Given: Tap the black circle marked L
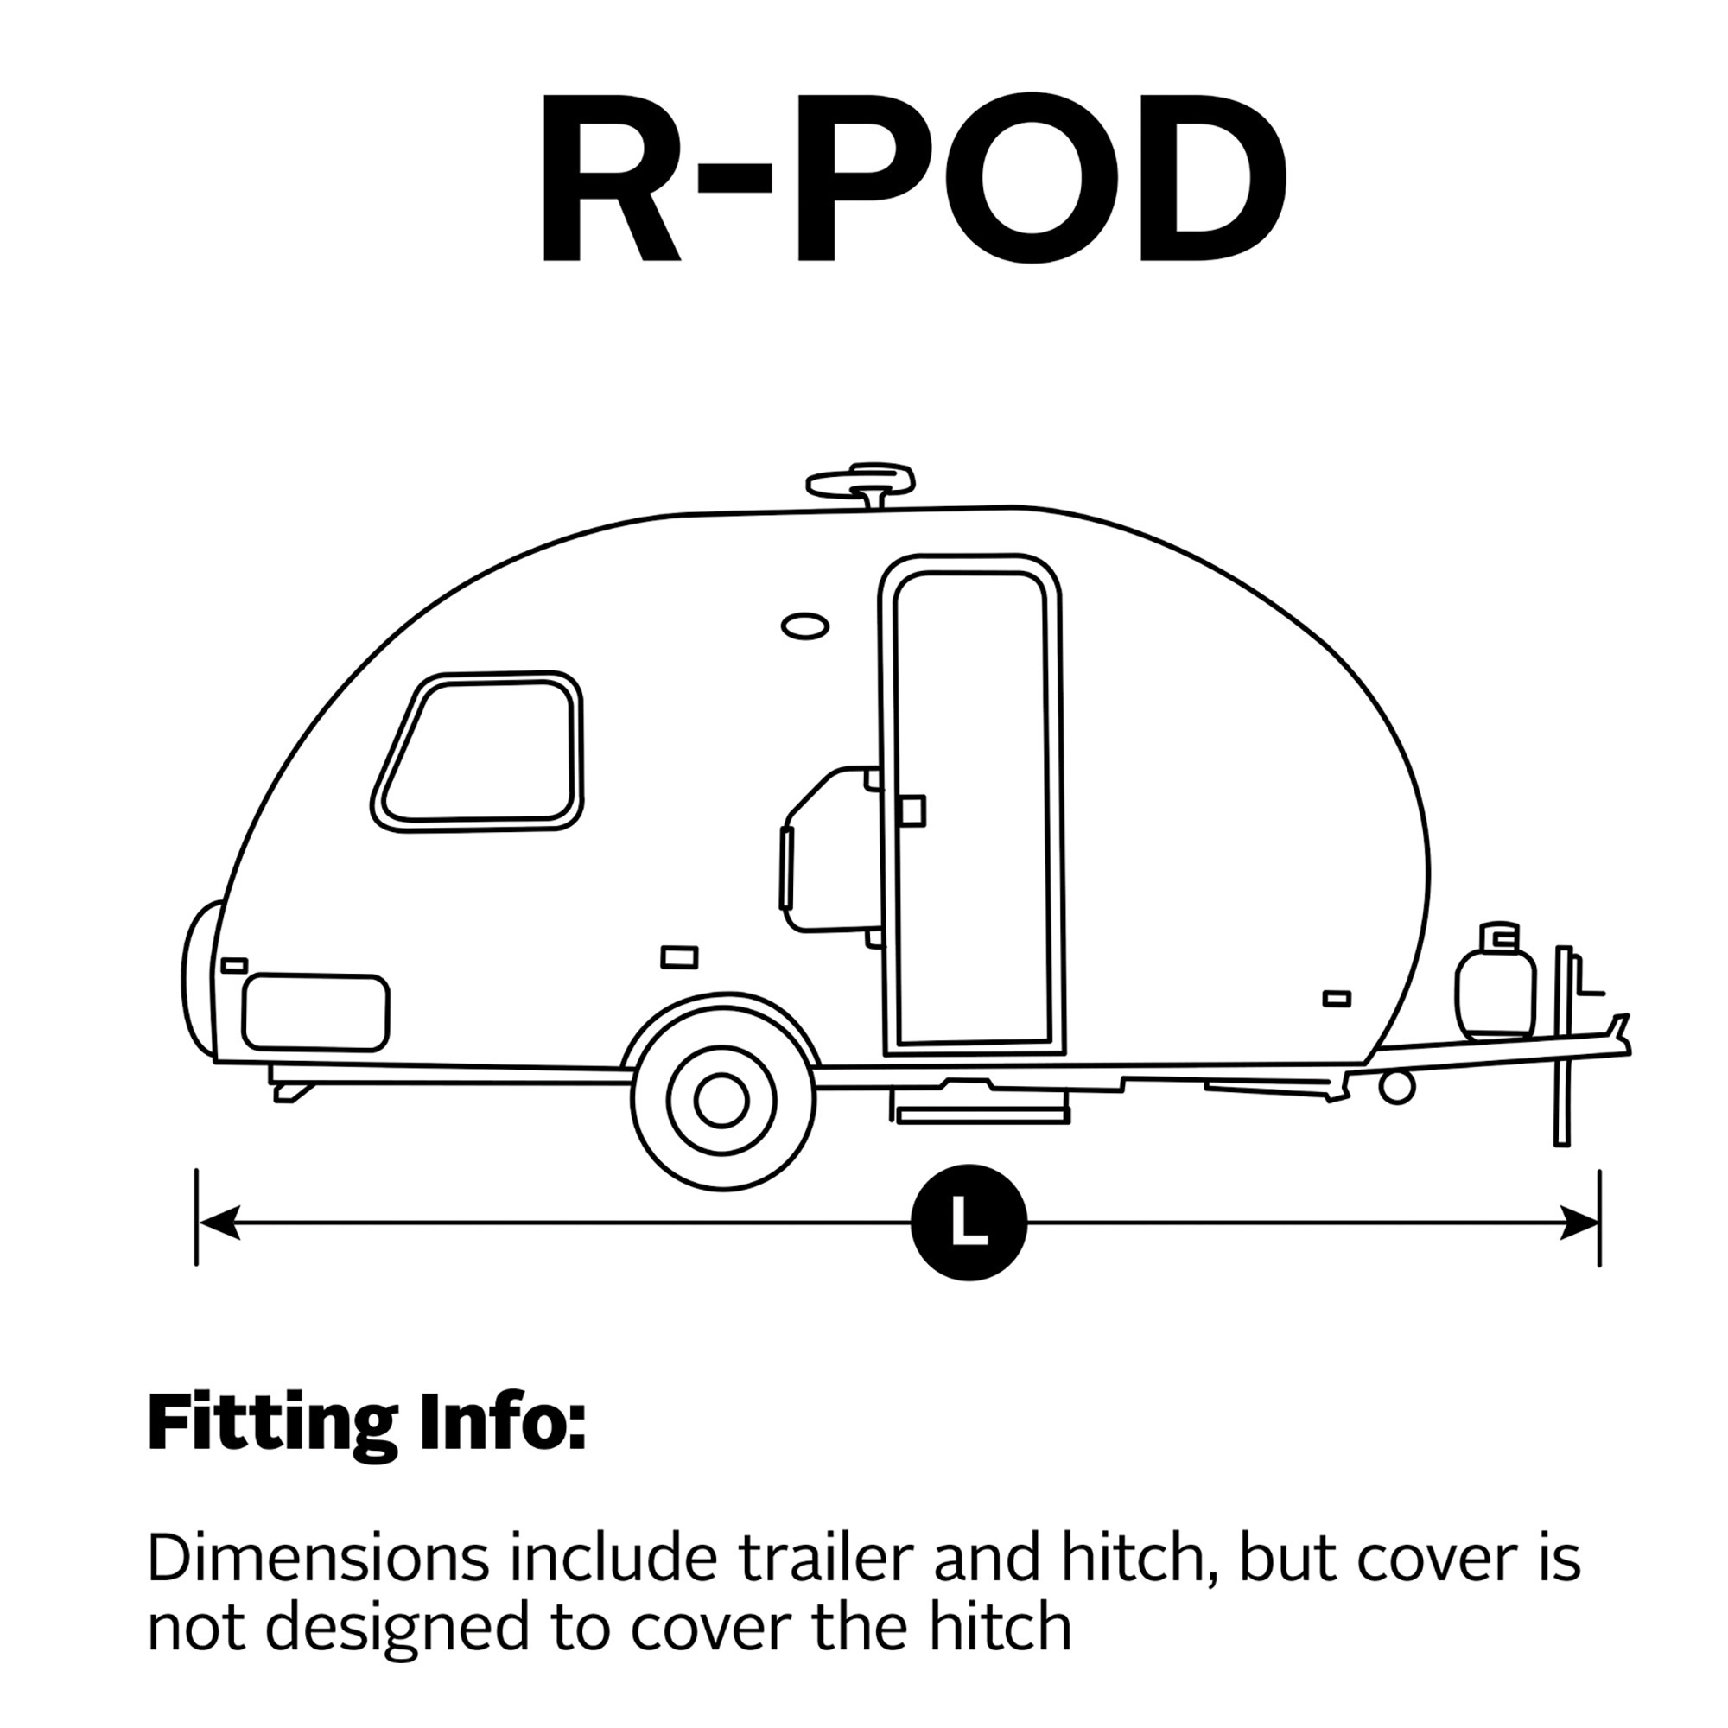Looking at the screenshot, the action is click(969, 1223).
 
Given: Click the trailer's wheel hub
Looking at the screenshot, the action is click(721, 1100).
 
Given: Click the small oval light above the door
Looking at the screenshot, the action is click(804, 626).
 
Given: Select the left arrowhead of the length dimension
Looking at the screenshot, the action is click(219, 1223).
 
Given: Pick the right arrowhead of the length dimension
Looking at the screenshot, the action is click(1578, 1223).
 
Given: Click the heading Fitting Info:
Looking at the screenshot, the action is click(366, 1423).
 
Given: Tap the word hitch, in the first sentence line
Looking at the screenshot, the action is click(1140, 1559).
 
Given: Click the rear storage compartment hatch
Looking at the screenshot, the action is click(315, 1012).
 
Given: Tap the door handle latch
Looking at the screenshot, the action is click(912, 810).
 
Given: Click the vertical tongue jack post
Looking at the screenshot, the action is click(1562, 1045).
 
